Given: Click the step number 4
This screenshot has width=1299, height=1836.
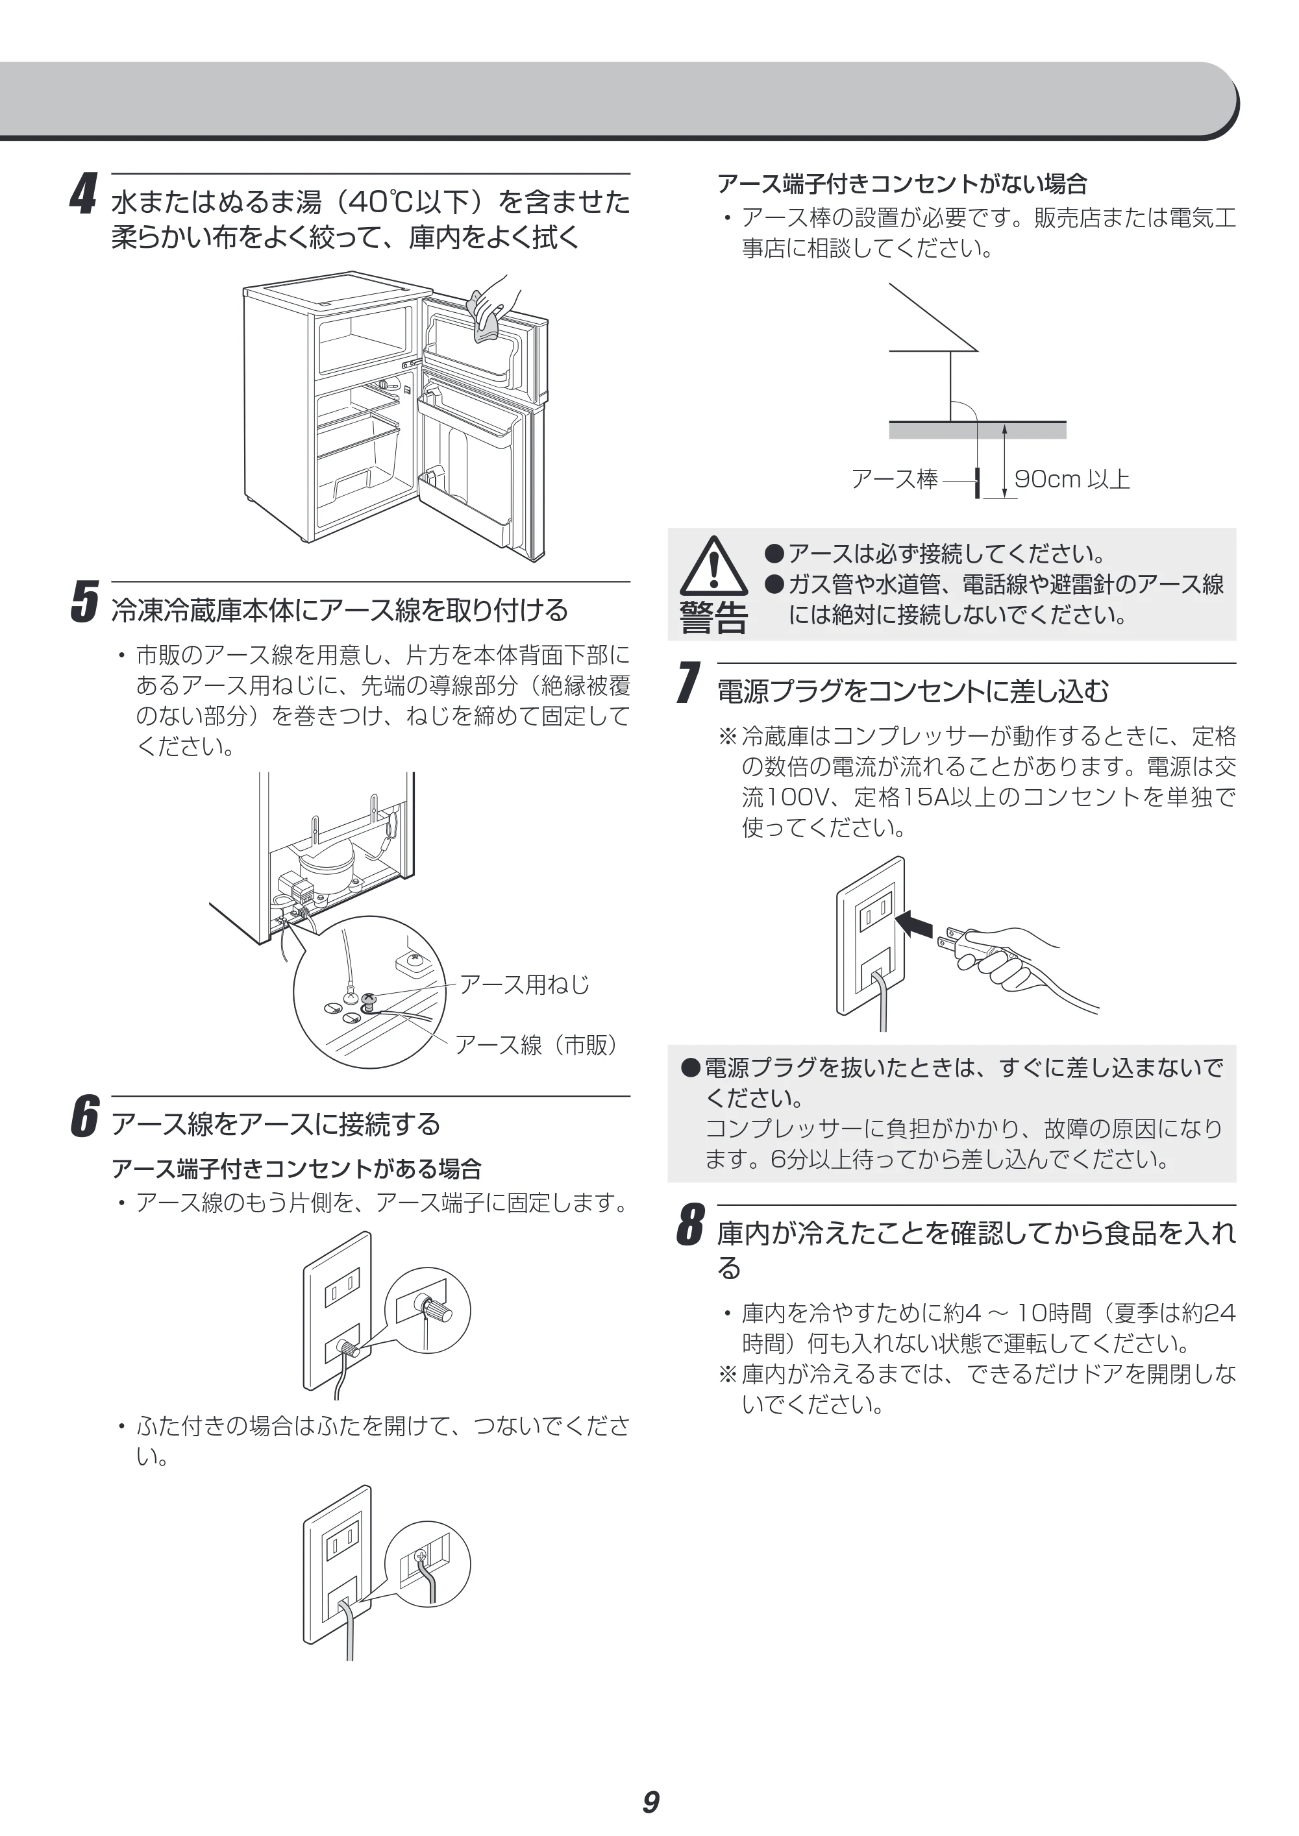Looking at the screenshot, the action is click(x=83, y=194).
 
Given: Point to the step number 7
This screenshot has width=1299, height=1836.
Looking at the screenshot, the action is click(x=689, y=683).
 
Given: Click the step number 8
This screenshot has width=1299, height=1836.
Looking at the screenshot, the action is click(x=690, y=1225).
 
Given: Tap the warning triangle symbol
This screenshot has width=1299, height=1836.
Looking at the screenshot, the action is click(x=713, y=565).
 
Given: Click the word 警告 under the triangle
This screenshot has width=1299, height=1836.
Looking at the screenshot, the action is click(x=713, y=617).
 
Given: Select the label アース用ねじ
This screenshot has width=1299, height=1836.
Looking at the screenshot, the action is click(x=524, y=985).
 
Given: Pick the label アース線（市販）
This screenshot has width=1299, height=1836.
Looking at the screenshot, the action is click(x=537, y=1044).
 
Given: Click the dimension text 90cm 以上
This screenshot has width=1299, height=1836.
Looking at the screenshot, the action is click(x=1072, y=479).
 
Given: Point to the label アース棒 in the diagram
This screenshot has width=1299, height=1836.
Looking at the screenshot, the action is click(x=895, y=479).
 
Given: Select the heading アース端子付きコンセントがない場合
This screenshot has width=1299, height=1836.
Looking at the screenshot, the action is click(x=902, y=184).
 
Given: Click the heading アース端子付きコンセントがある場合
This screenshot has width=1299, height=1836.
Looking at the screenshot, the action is click(x=297, y=1169).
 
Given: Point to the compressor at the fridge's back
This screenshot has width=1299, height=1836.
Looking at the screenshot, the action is click(x=327, y=864).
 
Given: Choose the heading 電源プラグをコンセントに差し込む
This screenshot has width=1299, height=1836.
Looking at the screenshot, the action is click(x=913, y=691).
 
